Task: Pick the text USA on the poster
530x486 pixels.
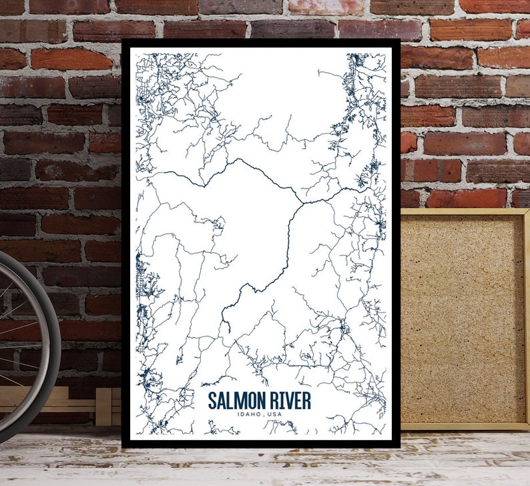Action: (274, 415)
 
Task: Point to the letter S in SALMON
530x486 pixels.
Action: (212, 401)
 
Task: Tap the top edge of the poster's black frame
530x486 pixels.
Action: (260, 43)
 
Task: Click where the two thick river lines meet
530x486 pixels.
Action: (302, 202)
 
